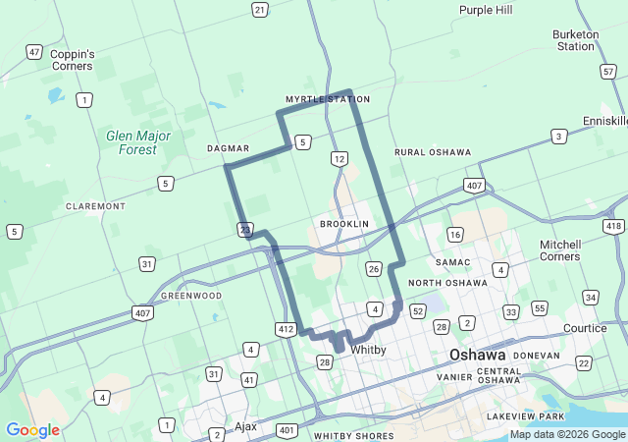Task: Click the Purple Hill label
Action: click(x=485, y=10)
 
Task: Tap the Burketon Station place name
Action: click(x=575, y=39)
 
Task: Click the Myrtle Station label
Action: click(x=328, y=99)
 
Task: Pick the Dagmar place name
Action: click(x=229, y=148)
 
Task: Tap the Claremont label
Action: click(x=95, y=206)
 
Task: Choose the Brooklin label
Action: click(x=343, y=224)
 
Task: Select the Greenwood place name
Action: click(x=191, y=295)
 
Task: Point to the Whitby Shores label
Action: click(x=353, y=435)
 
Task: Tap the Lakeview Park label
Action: click(x=525, y=416)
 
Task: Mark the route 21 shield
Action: click(x=259, y=10)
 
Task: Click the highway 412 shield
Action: click(x=287, y=329)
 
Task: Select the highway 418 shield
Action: click(x=614, y=227)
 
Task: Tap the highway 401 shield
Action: click(x=287, y=430)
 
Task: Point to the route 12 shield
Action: click(x=339, y=158)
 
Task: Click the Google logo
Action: click(x=32, y=429)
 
